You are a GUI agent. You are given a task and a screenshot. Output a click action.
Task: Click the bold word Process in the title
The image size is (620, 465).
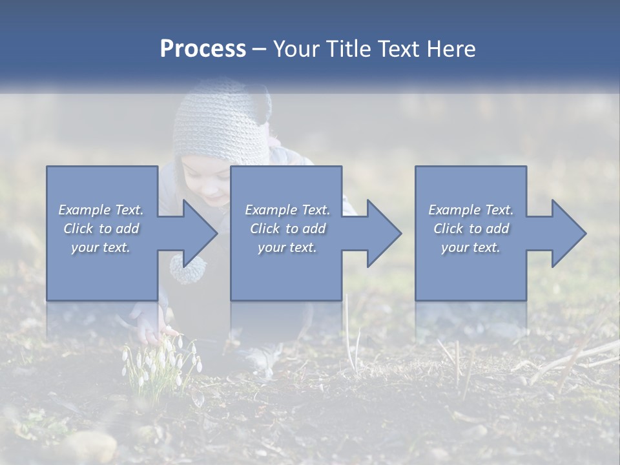[203, 49]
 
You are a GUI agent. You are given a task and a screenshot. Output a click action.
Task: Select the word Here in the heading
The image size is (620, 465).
[451, 49]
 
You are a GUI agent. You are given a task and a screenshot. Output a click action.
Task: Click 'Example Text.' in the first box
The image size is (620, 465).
[101, 210]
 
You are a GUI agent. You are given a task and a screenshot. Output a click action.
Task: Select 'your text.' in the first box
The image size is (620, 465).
[101, 247]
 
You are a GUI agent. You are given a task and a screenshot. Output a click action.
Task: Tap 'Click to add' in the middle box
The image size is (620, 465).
[287, 229]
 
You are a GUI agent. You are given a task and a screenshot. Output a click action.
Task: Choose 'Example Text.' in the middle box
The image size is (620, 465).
[287, 210]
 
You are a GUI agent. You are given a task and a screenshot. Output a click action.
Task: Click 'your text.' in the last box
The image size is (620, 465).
[471, 247]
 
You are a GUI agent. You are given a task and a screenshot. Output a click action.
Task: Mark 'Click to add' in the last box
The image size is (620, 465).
[471, 229]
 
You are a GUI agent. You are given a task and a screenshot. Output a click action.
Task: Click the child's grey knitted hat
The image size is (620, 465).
[222, 123]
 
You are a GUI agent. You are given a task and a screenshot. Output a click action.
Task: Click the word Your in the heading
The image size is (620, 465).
[295, 49]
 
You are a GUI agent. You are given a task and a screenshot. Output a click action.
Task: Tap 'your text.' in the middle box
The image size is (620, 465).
[287, 247]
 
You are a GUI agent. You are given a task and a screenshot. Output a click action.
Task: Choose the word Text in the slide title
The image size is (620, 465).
[398, 49]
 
